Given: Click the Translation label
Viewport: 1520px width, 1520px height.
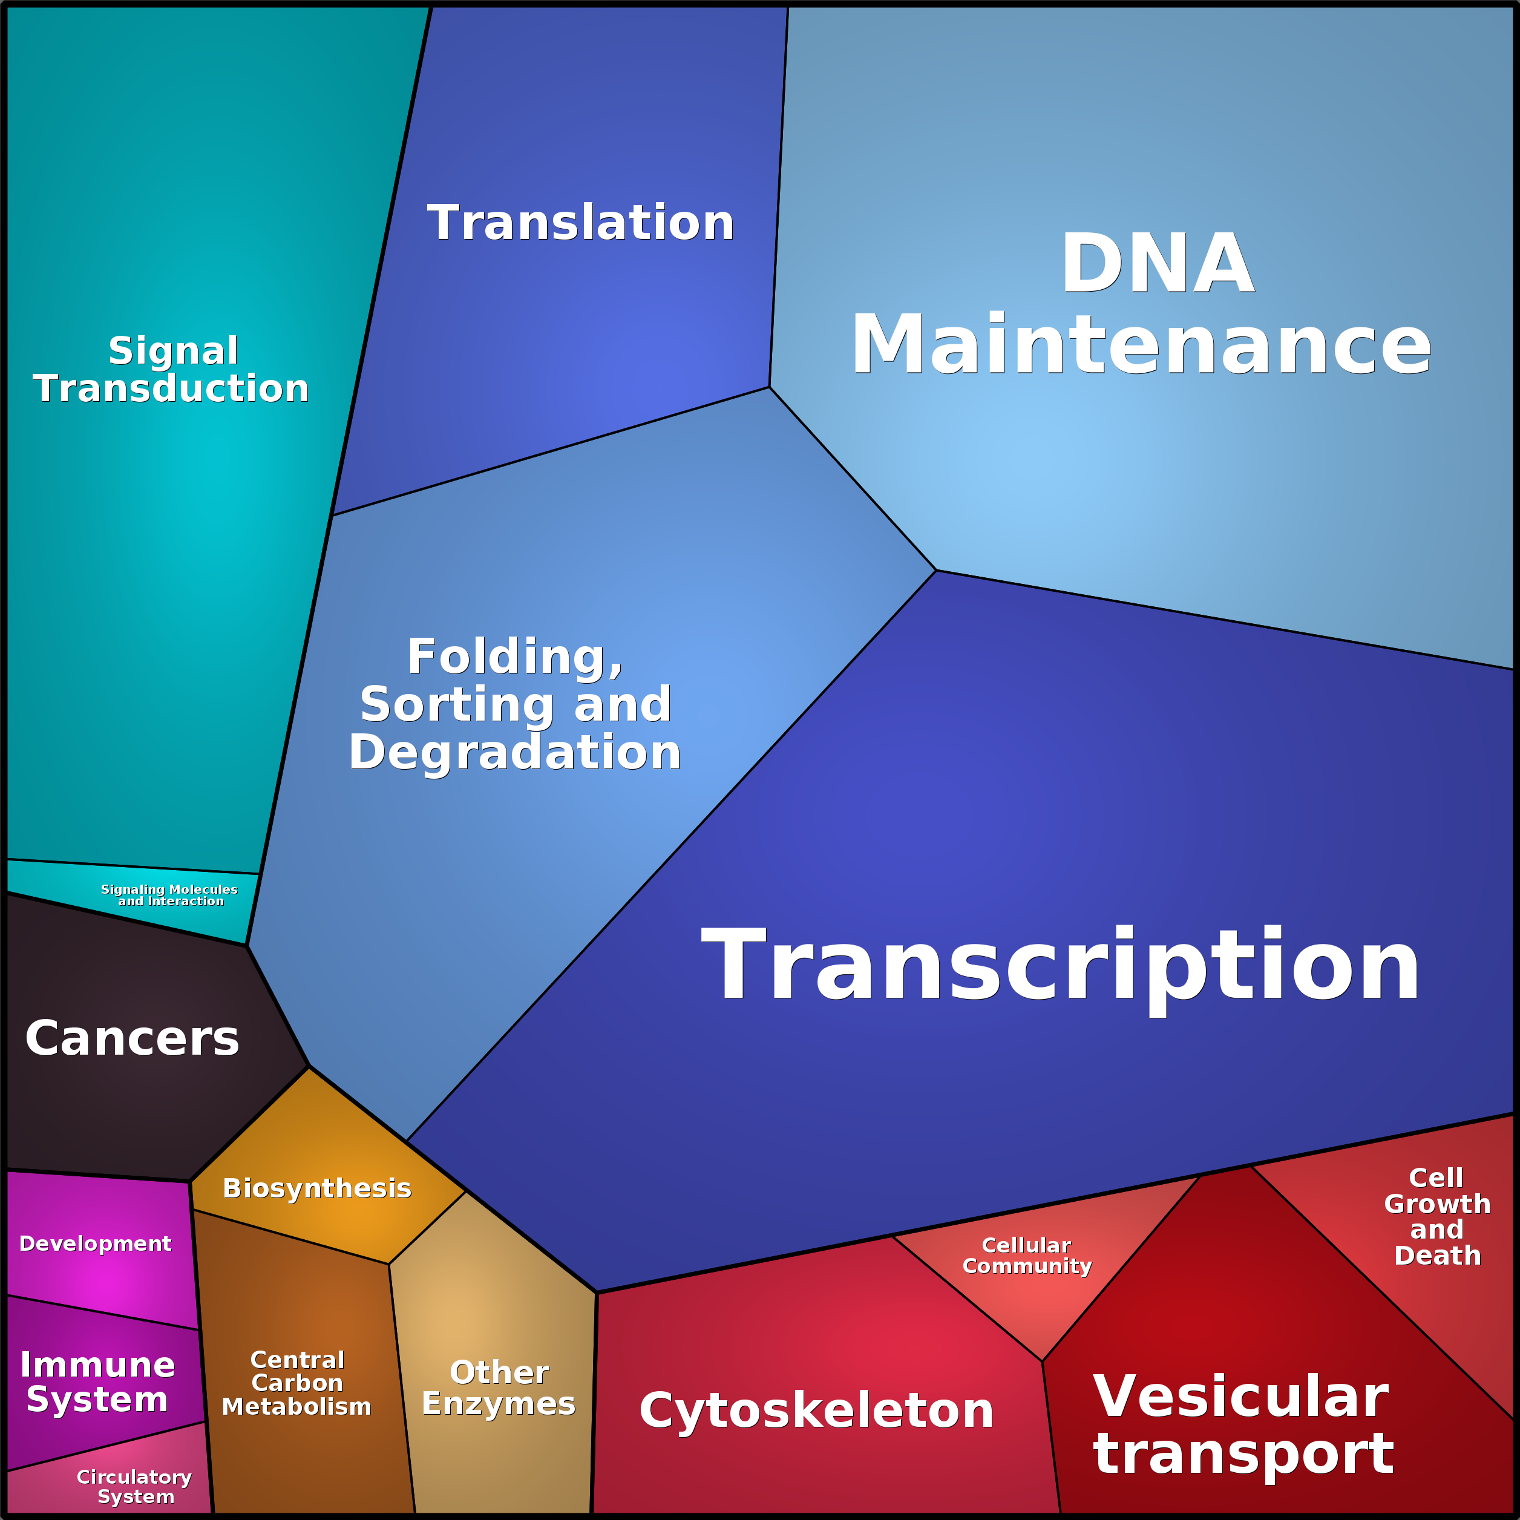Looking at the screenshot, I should click(581, 223).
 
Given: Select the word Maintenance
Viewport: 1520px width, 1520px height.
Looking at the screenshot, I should click(1141, 344).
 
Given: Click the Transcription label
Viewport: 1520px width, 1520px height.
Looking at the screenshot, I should click(1061, 965).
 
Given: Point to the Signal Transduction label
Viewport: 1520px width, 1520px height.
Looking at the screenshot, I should click(171, 370).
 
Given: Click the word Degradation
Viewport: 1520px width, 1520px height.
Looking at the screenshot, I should click(514, 752).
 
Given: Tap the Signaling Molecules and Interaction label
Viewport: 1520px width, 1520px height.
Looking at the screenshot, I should click(169, 896).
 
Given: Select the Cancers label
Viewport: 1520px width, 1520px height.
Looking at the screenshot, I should click(132, 1038).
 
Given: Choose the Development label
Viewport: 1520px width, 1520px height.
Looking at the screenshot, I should click(95, 1244).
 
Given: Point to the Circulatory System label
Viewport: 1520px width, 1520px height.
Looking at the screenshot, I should click(134, 1487).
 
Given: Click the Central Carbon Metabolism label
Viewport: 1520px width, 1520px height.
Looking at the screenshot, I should click(296, 1383).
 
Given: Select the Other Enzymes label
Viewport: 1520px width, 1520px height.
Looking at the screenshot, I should click(499, 1389).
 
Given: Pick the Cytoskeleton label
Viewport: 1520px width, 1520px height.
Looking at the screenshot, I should click(817, 1410).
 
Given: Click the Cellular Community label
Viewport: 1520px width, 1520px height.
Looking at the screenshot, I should click(1027, 1256).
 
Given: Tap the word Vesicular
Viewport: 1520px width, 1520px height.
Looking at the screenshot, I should click(1240, 1397).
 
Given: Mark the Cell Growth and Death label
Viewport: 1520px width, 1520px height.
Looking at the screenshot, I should click(1436, 1216).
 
